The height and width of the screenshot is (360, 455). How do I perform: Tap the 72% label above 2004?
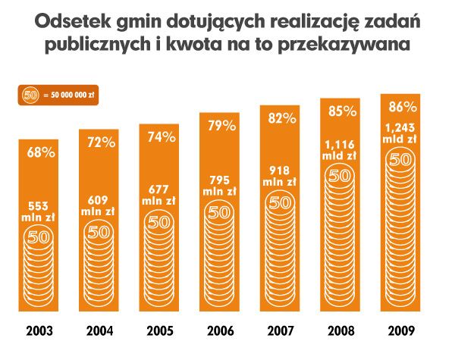click(x=101, y=142)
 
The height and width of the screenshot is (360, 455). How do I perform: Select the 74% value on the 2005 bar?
click(x=161, y=137)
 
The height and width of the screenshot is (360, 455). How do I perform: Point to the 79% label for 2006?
click(x=221, y=126)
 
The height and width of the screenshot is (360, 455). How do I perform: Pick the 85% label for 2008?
click(x=341, y=111)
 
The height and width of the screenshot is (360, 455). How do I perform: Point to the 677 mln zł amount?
click(x=160, y=196)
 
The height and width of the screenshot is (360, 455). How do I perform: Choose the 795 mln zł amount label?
click(x=221, y=185)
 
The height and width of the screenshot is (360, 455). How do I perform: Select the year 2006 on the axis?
click(x=221, y=331)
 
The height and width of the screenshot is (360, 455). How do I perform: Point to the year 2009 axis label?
click(x=401, y=331)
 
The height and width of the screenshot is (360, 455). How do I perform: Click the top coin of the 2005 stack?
click(x=160, y=223)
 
